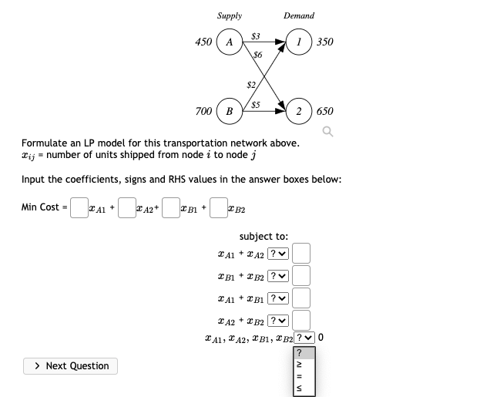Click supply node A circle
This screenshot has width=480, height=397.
(229, 42)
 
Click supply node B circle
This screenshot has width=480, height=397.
(229, 111)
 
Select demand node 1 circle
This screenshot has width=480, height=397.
(297, 42)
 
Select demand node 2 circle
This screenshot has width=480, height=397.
(297, 111)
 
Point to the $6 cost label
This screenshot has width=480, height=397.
(257, 55)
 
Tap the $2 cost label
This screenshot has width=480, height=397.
(251, 84)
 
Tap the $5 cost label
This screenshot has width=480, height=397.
(255, 104)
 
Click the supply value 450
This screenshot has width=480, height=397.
(203, 42)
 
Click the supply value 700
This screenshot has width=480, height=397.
(203, 112)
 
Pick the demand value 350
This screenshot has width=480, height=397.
(324, 42)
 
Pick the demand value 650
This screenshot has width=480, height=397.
(324, 112)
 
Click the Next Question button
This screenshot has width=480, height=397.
(71, 365)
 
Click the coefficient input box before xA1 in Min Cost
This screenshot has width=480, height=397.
(79, 207)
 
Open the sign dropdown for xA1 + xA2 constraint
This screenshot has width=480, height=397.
(277, 253)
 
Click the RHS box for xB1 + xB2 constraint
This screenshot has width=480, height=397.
(301, 275)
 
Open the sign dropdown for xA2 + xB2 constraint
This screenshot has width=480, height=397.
(277, 319)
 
